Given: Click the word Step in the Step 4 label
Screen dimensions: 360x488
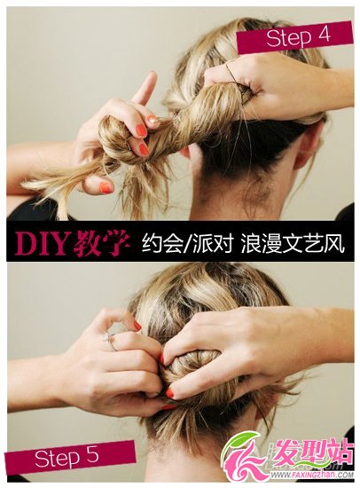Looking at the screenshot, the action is [x=289, y=38].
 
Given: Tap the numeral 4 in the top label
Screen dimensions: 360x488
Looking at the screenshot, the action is [x=325, y=35].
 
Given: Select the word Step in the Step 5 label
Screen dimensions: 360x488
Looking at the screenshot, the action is [x=58, y=459].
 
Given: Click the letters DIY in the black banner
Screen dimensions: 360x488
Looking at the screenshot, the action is [x=42, y=242].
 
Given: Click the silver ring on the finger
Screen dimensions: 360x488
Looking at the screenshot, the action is [x=111, y=341].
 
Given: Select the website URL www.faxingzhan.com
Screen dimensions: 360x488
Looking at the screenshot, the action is [x=312, y=476].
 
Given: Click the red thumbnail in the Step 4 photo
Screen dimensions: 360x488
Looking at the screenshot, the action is [x=106, y=187].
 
